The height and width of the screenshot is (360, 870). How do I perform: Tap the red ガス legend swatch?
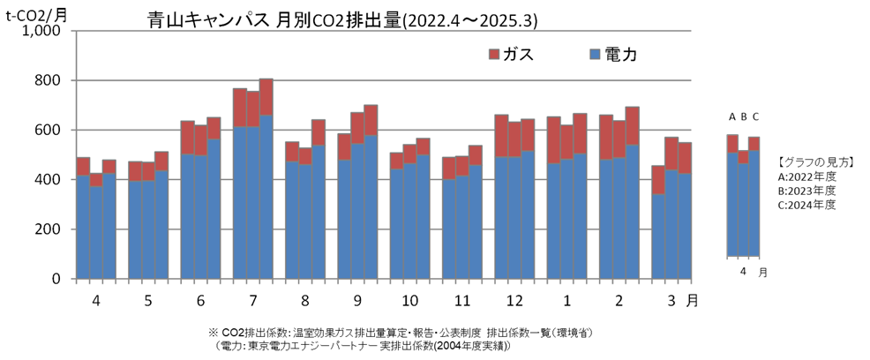(493, 55)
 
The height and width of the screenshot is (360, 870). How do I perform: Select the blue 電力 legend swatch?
(595, 55)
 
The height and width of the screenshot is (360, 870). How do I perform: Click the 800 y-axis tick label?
(48, 80)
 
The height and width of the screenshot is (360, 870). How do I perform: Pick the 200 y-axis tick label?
(48, 229)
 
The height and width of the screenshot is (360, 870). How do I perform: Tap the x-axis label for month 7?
(252, 301)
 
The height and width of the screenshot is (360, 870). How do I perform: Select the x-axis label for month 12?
(513, 301)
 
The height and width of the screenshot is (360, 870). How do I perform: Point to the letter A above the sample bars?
(732, 116)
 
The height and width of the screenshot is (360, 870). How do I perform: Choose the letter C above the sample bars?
(755, 116)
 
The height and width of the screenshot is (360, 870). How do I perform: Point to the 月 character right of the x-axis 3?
(693, 301)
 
